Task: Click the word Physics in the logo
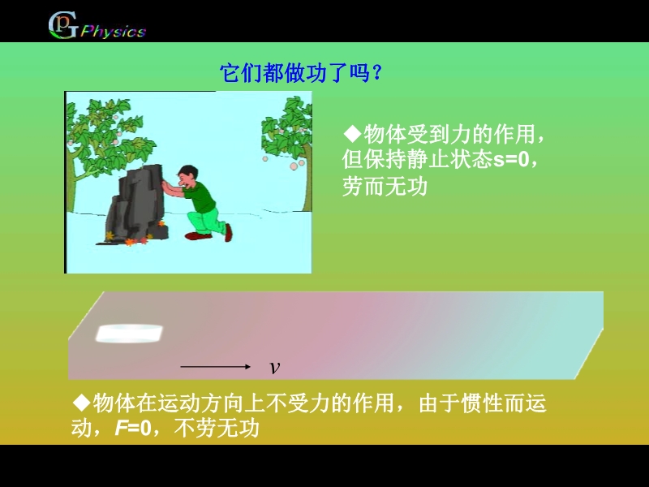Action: click(113, 32)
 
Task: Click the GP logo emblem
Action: click(62, 25)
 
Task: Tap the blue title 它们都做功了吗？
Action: click(301, 73)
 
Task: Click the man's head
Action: click(187, 176)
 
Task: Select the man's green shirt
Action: click(201, 196)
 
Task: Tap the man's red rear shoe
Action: click(228, 233)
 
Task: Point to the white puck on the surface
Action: click(129, 334)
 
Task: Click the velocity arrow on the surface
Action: click(215, 367)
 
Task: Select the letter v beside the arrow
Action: click(274, 367)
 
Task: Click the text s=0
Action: click(511, 159)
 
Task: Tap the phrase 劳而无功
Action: click(385, 187)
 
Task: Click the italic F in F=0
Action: click(120, 429)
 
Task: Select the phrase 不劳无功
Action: click(217, 429)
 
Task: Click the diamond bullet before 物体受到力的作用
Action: click(353, 133)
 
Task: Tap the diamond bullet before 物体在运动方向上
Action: click(81, 402)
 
